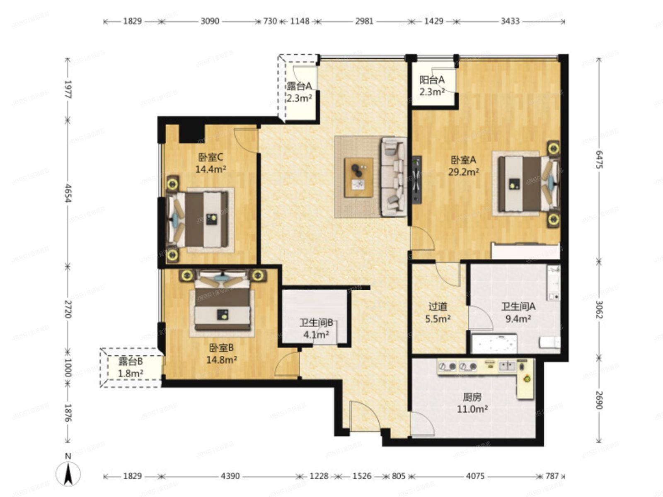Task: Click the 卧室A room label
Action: (x=463, y=166)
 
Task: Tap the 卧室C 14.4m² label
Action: (x=211, y=163)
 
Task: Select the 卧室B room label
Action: (x=221, y=354)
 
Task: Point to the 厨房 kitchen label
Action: (x=472, y=403)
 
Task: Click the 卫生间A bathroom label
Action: (x=518, y=313)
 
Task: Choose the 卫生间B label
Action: (x=316, y=328)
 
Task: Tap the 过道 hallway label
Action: (x=438, y=313)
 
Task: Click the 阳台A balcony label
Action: (x=432, y=85)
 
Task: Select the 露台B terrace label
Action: (x=131, y=367)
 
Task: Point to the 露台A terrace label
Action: (x=299, y=92)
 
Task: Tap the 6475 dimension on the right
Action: (x=599, y=159)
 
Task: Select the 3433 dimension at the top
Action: (x=510, y=21)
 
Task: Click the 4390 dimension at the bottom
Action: (x=230, y=476)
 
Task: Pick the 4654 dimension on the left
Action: (x=68, y=193)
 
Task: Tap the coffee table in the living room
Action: (x=359, y=177)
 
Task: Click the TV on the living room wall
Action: (x=417, y=180)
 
